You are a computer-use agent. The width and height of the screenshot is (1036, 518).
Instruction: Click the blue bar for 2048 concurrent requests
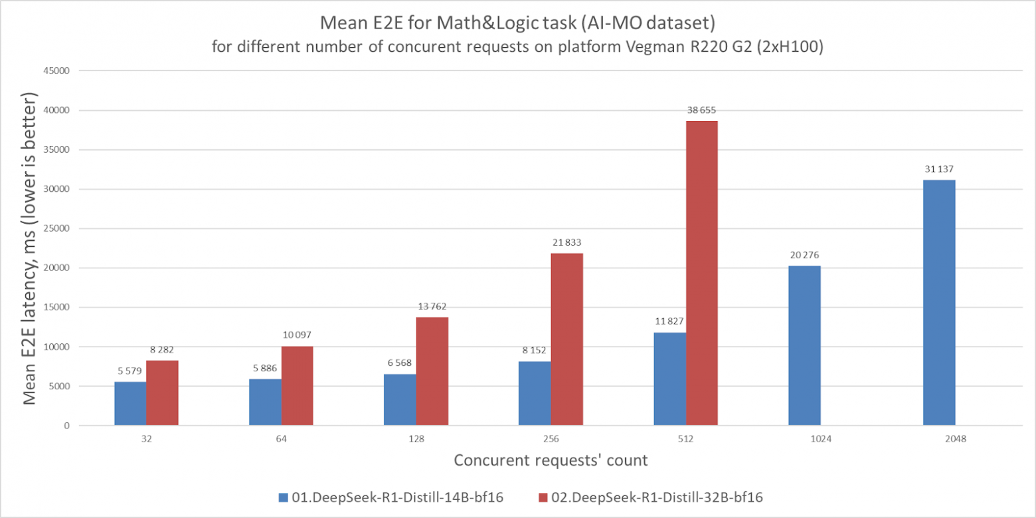point(939,303)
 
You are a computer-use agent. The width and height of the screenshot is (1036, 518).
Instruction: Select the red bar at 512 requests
point(702,273)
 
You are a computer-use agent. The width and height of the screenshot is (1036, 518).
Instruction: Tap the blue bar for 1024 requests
point(804,345)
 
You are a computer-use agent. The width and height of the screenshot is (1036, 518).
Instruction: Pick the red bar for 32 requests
point(162,392)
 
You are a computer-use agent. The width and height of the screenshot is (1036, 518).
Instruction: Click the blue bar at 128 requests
point(400,400)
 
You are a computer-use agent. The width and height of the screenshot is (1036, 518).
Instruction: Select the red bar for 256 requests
point(567,339)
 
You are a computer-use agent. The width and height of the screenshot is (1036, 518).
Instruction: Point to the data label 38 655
point(701,111)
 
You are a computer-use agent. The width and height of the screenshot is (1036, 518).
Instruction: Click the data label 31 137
point(939,170)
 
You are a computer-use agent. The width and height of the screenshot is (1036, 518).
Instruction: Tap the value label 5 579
point(130,371)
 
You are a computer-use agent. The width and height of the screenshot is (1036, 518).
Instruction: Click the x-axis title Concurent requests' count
point(551,460)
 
